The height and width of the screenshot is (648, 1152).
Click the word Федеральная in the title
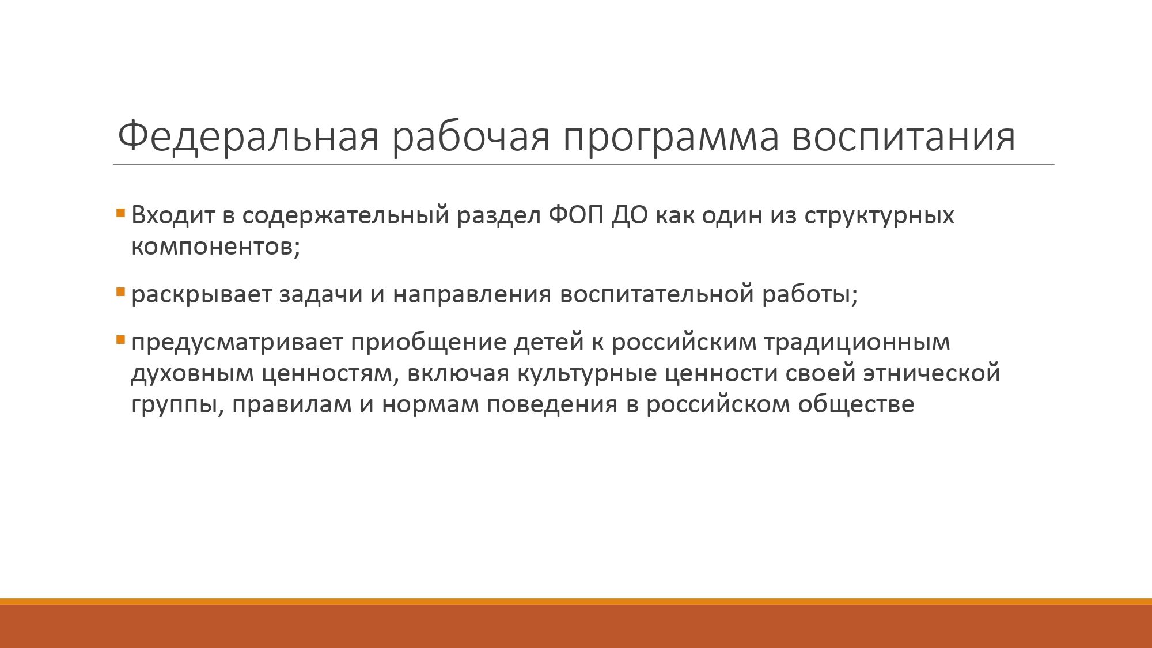pyautogui.click(x=248, y=137)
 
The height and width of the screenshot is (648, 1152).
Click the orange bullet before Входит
pyautogui.click(x=120, y=213)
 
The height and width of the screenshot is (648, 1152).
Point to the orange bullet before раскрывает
pyautogui.click(x=120, y=292)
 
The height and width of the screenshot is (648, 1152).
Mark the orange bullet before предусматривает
pyautogui.click(x=120, y=339)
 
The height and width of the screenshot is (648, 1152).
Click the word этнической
pyautogui.click(x=931, y=374)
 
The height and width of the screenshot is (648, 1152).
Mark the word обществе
pyautogui.click(x=856, y=405)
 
